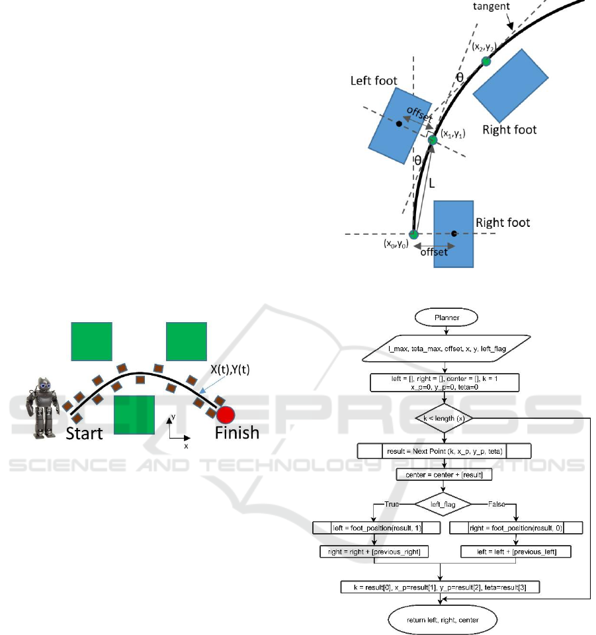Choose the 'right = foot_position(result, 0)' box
(515, 527)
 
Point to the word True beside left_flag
(392, 503)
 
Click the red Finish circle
(226, 415)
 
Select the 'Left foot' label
(374, 80)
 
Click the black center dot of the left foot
(398, 123)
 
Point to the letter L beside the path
(432, 186)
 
